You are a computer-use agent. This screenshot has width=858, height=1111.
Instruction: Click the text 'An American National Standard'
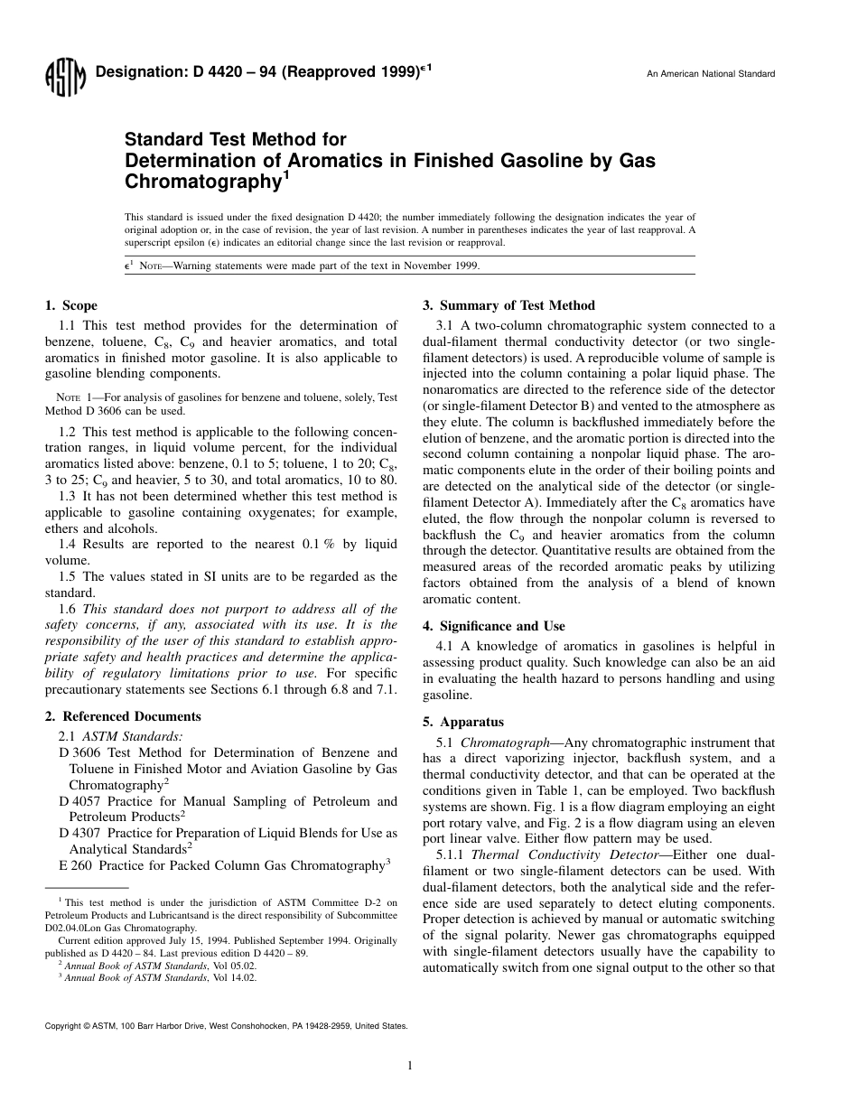pyautogui.click(x=711, y=74)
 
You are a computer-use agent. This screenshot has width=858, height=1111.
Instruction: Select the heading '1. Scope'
pyautogui.click(x=71, y=305)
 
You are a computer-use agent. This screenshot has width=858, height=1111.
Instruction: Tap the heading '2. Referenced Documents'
pyautogui.click(x=123, y=716)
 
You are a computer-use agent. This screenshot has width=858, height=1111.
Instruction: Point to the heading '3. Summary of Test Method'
pyautogui.click(x=508, y=305)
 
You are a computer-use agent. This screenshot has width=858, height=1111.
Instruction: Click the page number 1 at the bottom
pyautogui.click(x=410, y=1065)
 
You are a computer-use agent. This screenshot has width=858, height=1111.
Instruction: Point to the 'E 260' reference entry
pyautogui.click(x=75, y=865)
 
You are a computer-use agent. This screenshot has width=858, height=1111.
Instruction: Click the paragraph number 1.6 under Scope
pyautogui.click(x=68, y=609)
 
